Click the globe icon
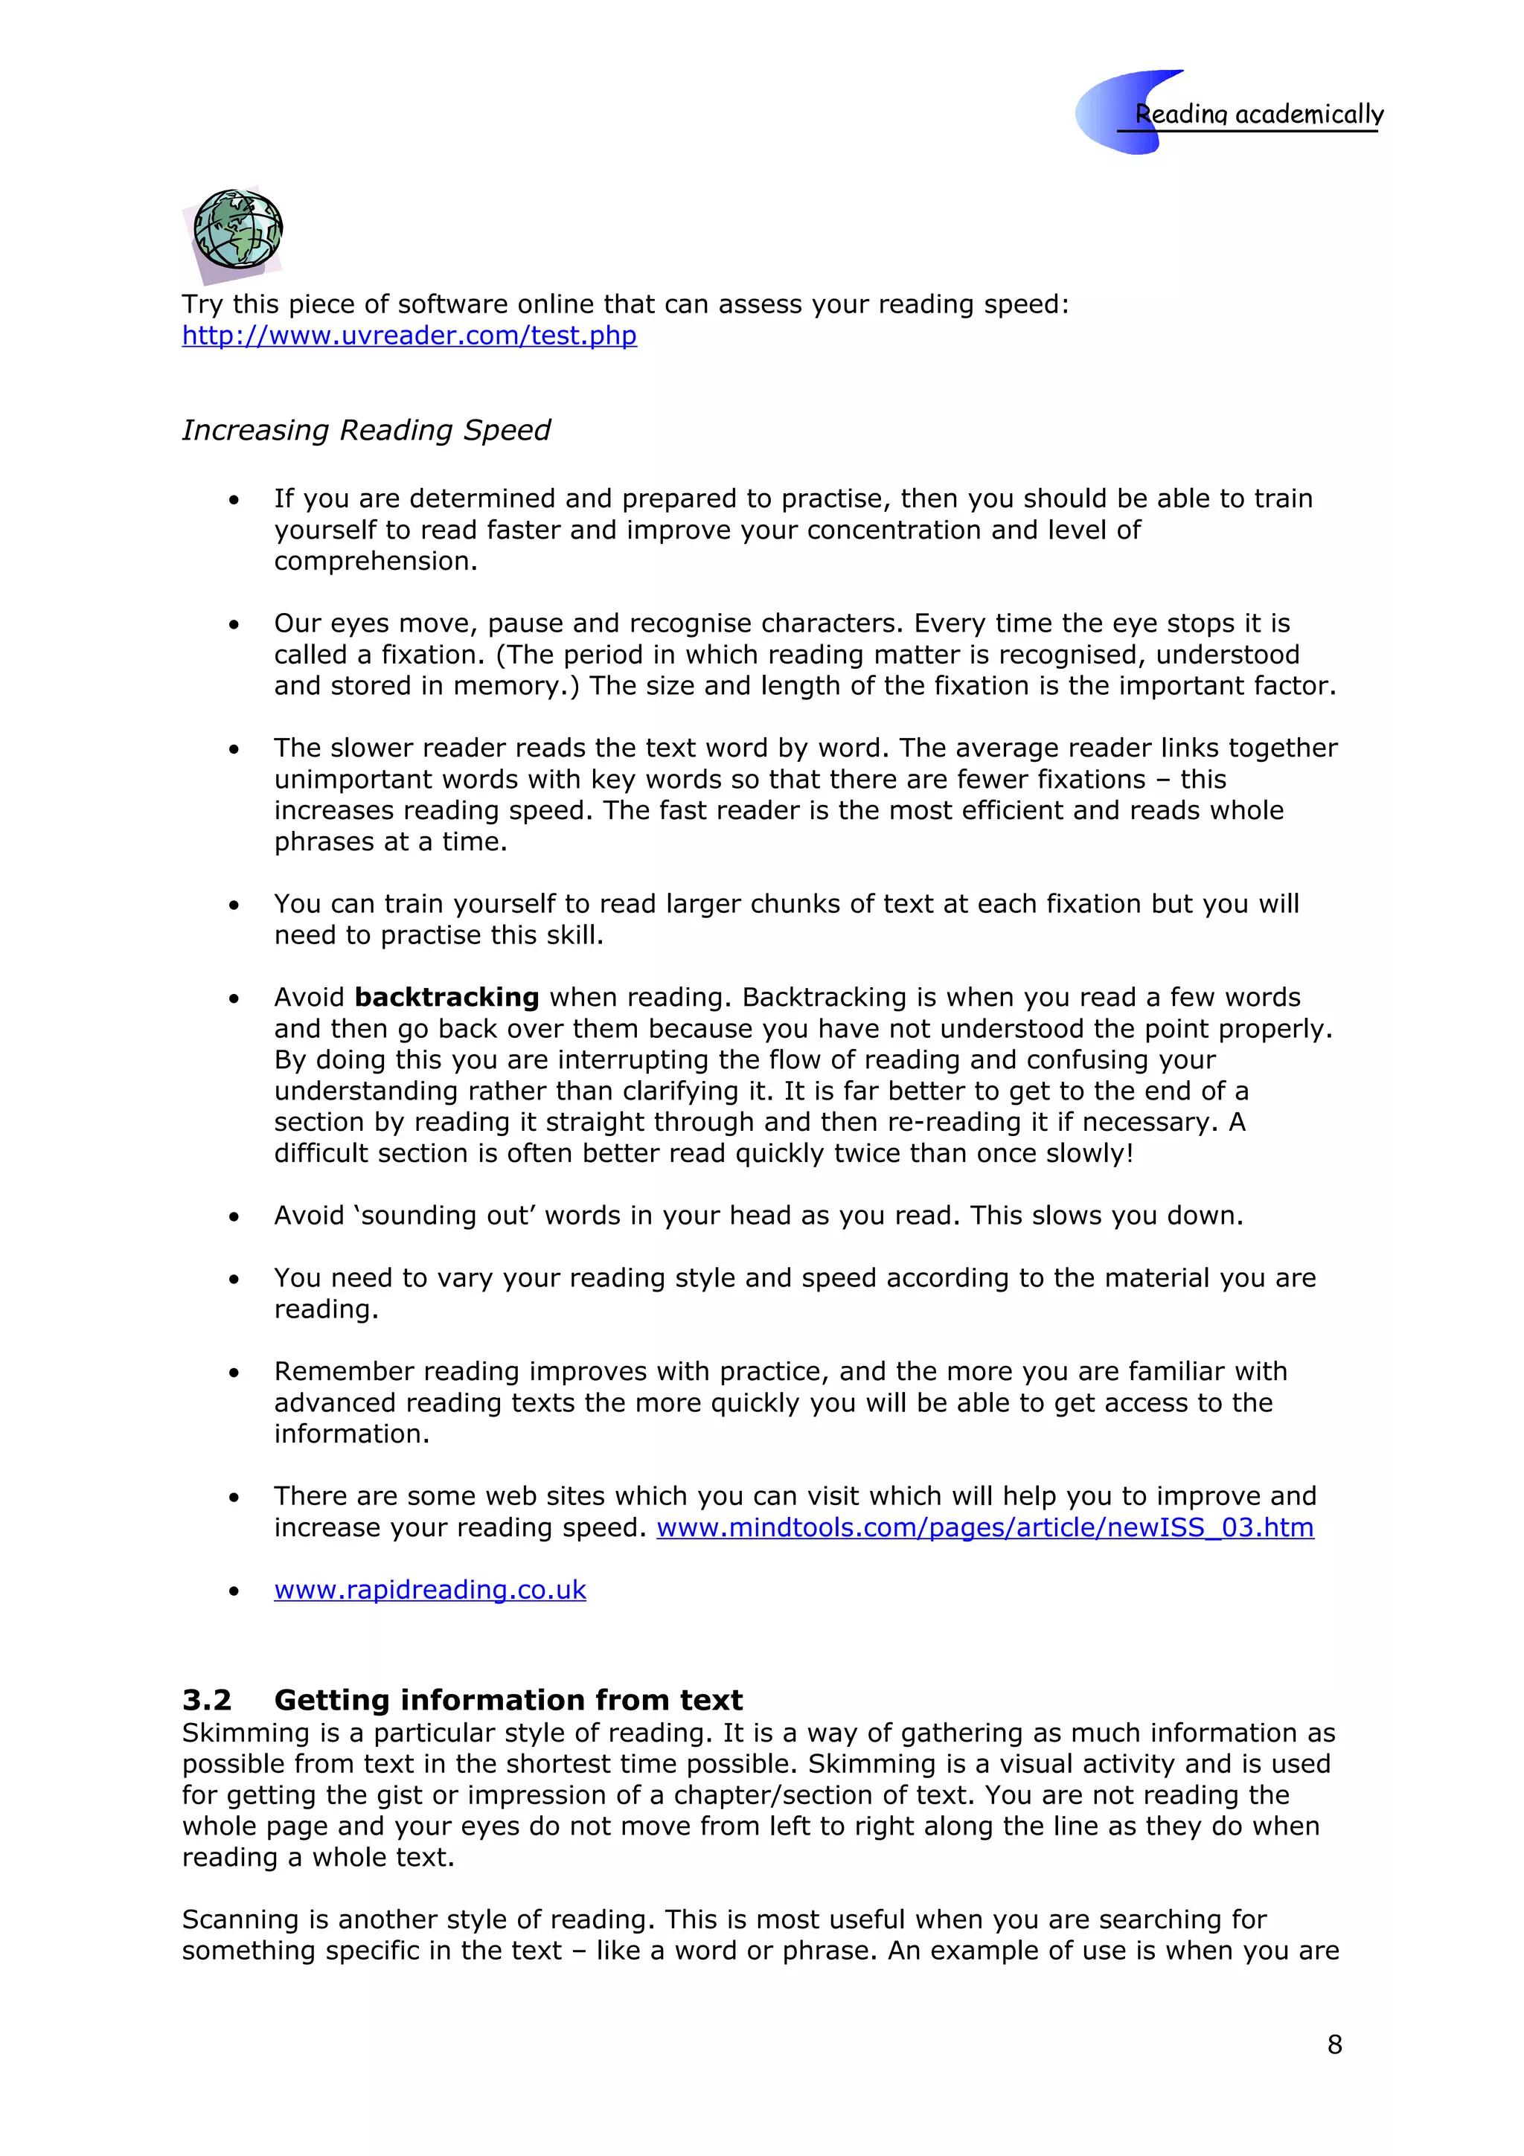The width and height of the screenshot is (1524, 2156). pyautogui.click(x=237, y=230)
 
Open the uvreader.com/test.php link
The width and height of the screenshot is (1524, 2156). pyautogui.click(x=409, y=336)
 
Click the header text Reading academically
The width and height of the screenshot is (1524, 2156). pyautogui.click(x=1258, y=115)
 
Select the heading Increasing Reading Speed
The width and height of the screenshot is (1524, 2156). pyautogui.click(x=365, y=430)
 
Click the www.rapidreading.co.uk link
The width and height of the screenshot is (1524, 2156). pyautogui.click(x=429, y=1590)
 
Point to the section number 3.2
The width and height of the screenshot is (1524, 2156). pyautogui.click(x=207, y=1701)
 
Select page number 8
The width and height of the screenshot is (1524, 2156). pyautogui.click(x=1334, y=2044)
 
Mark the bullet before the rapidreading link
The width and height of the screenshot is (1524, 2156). pyautogui.click(x=234, y=1591)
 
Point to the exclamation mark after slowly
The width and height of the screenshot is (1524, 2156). pyautogui.click(x=1130, y=1153)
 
